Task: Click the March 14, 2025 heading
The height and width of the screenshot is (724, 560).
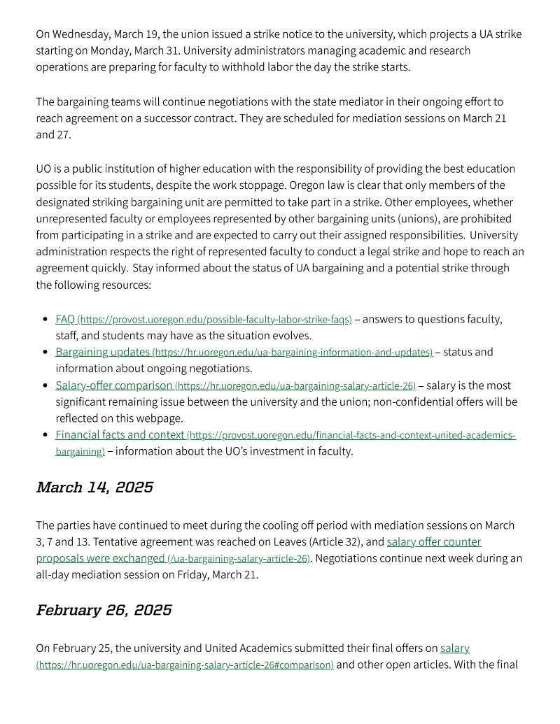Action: point(94,488)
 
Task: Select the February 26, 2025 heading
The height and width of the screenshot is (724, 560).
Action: point(104,610)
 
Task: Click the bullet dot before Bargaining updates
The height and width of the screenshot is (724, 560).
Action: point(45,353)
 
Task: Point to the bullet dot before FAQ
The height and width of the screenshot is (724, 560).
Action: point(45,320)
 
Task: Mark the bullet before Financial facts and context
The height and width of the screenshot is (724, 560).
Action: point(45,435)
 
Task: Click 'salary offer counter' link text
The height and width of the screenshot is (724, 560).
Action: point(433,541)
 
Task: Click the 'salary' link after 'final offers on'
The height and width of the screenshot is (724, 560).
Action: point(454,648)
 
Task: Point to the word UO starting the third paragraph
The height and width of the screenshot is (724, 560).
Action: point(44,169)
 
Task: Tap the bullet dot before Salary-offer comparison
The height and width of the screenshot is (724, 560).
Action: point(45,385)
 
